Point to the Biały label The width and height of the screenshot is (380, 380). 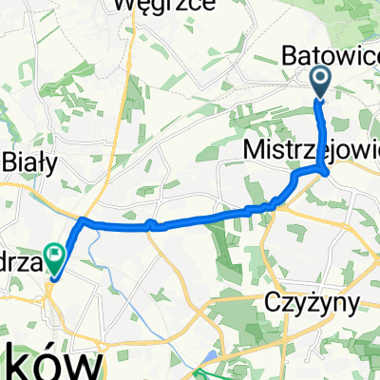point(29,161)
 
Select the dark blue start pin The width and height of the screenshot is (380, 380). point(320,82)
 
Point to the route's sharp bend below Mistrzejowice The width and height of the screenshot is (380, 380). point(326,173)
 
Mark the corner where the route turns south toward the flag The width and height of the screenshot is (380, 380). point(83,220)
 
